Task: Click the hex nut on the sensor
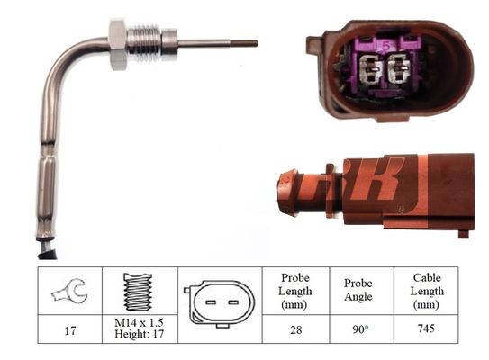tap(118, 44)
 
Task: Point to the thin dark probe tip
tap(244, 43)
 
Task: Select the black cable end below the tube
tap(47, 248)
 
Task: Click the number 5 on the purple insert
tap(386, 47)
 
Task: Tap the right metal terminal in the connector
tap(399, 68)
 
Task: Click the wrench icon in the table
tap(70, 291)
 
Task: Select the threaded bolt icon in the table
tap(138, 292)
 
